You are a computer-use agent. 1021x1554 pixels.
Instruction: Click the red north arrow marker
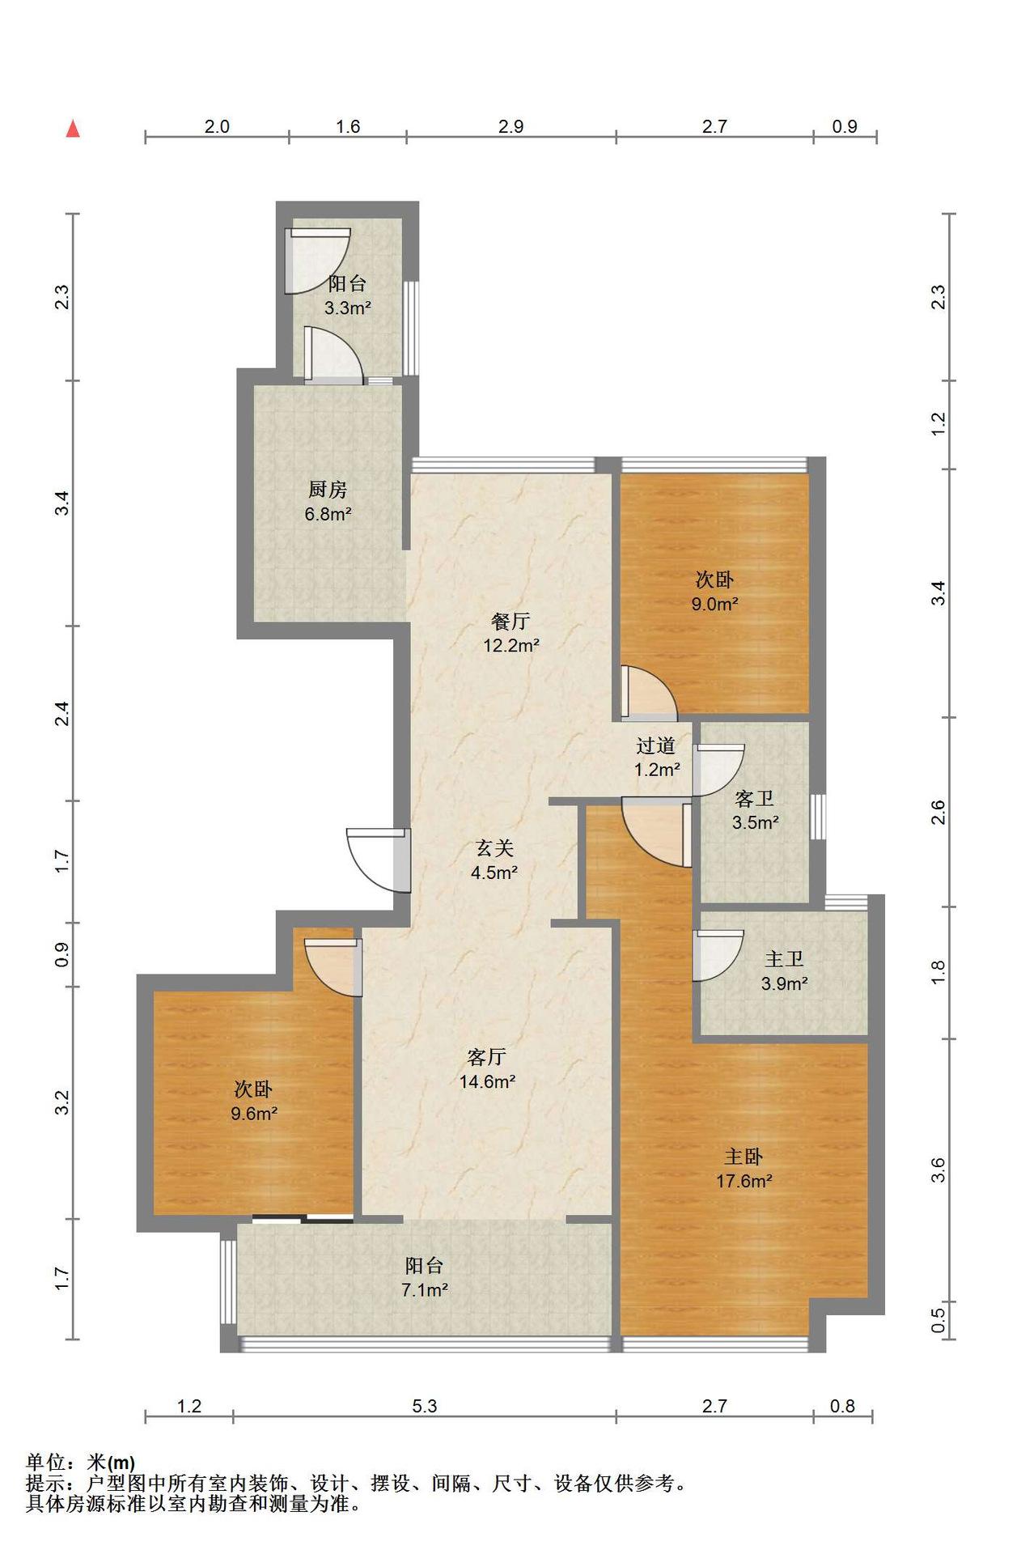(73, 129)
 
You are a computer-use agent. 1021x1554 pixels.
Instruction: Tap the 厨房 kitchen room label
(328, 490)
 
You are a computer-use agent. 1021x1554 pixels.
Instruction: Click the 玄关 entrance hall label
(494, 848)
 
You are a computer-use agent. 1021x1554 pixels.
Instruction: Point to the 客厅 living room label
(487, 1057)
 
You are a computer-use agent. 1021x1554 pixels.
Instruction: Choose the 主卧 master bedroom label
(744, 1157)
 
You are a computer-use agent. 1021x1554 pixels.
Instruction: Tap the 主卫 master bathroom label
(784, 959)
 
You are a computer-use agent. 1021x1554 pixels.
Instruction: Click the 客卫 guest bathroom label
(755, 800)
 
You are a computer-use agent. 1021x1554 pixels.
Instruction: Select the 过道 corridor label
(656, 745)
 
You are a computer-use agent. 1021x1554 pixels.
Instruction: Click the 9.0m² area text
(715, 604)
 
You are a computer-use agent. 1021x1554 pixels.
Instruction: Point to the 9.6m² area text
(254, 1114)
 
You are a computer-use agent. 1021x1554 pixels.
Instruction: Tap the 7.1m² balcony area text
(425, 1290)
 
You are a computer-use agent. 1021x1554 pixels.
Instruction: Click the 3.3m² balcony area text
(348, 308)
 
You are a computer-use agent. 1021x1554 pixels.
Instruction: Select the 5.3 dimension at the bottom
(425, 1406)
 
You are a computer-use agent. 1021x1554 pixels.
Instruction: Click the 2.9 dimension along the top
(511, 126)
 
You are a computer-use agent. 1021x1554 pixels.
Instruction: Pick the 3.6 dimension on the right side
(938, 1170)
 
